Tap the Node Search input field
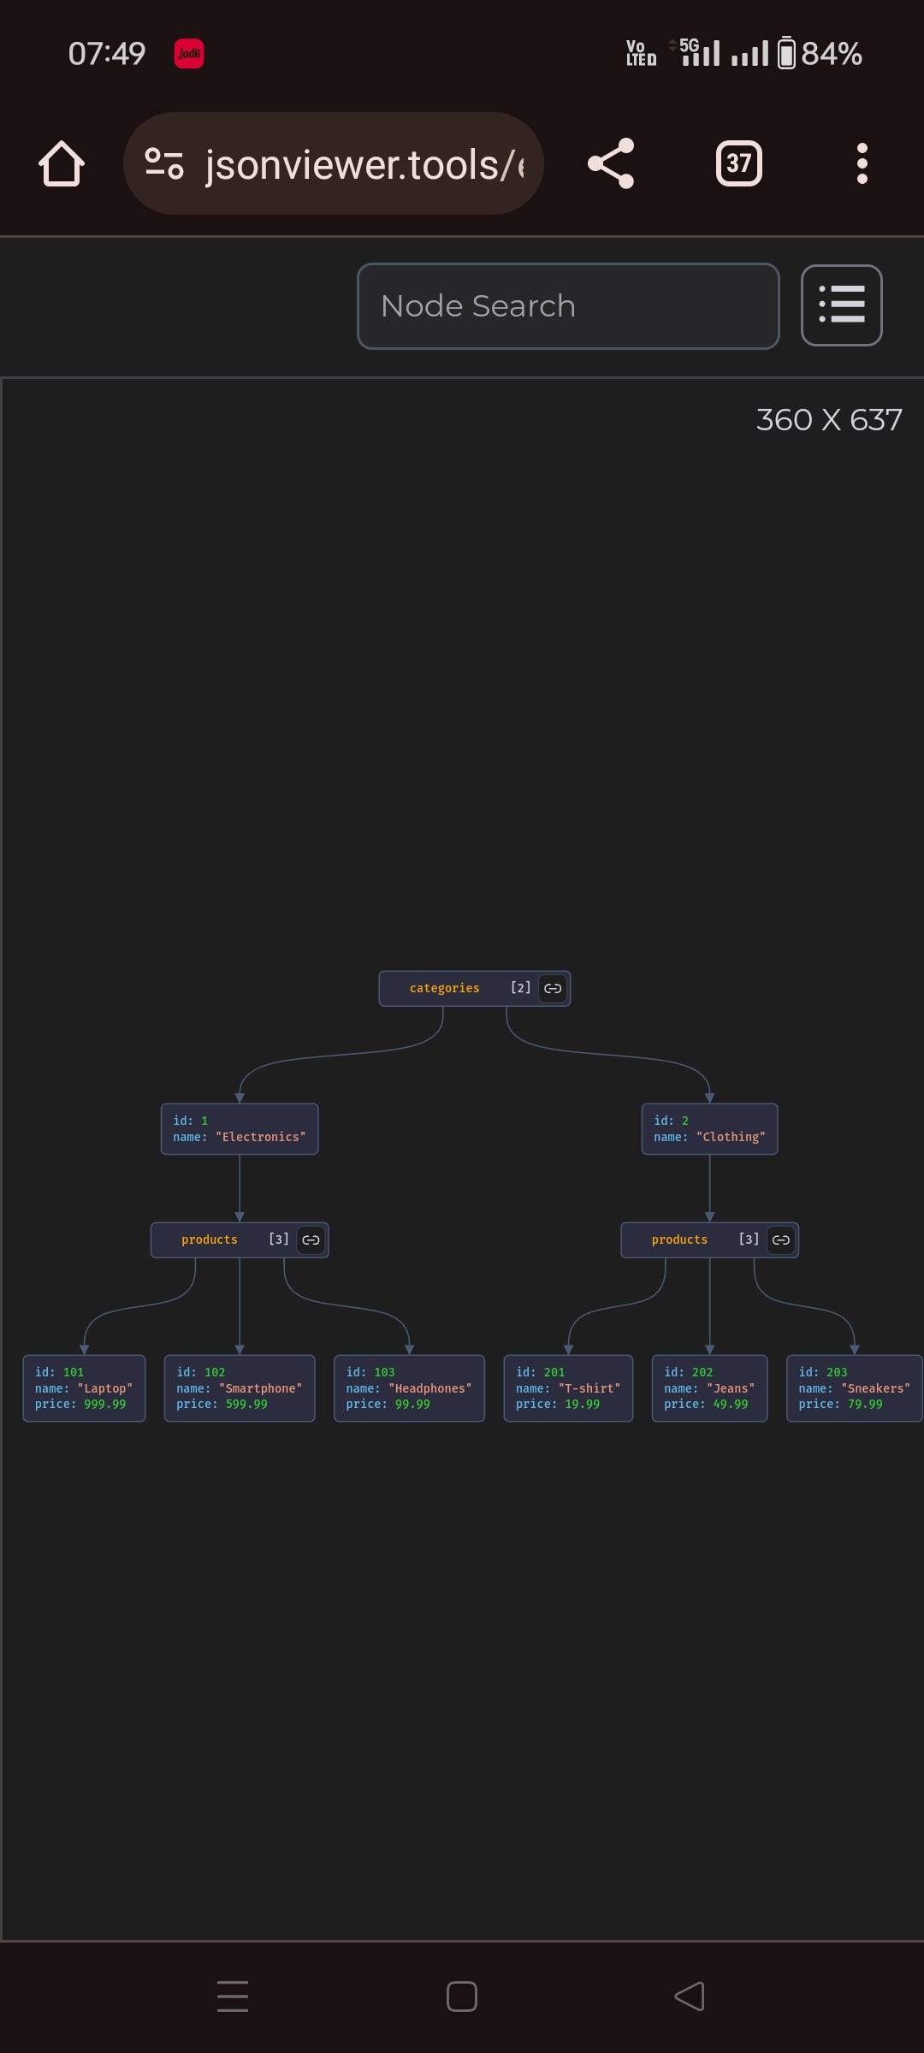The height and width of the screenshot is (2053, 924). [x=567, y=306]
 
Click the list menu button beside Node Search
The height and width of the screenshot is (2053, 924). [x=841, y=305]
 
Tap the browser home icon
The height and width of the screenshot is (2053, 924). [x=62, y=163]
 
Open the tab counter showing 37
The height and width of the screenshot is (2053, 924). [x=738, y=163]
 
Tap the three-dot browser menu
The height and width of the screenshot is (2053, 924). [x=862, y=163]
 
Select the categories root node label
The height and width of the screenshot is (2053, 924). [x=444, y=989]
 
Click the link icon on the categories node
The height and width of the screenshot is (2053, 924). [x=553, y=989]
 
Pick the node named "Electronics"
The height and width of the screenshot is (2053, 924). [x=240, y=1129]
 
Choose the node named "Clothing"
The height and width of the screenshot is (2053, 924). [x=709, y=1129]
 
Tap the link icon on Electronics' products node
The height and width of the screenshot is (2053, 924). [x=311, y=1240]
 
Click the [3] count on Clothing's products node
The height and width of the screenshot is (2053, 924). [x=749, y=1239]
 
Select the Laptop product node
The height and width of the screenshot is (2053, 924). [x=84, y=1388]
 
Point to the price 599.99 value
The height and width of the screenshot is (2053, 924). [x=246, y=1405]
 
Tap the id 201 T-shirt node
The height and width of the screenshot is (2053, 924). [x=568, y=1388]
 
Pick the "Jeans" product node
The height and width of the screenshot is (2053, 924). [x=709, y=1388]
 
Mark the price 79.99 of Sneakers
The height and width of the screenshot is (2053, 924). [x=865, y=1405]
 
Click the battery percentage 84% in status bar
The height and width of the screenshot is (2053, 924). [x=831, y=54]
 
